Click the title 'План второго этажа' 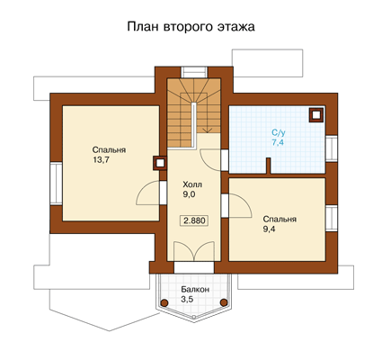(191, 27)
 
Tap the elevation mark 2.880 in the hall (194, 220)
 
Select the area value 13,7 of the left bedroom (101, 160)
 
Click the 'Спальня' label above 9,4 (280, 220)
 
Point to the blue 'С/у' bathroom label (278, 132)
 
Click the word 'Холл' (192, 184)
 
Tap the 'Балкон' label (195, 290)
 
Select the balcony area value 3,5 (187, 299)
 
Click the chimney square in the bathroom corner (316, 115)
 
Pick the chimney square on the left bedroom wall (160, 163)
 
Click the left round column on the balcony (164, 302)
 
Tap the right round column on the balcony (224, 302)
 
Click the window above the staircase (194, 72)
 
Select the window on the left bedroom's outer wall (56, 184)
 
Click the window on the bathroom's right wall (332, 148)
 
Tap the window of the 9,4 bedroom (332, 219)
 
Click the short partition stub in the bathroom (269, 166)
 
